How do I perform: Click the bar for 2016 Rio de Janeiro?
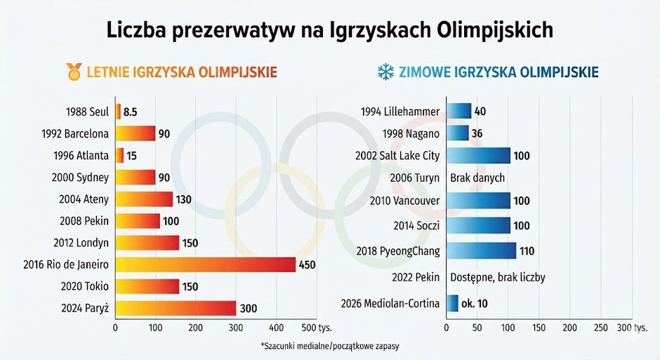pyautogui.click(x=205, y=265)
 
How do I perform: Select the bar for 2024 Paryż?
pyautogui.click(x=175, y=308)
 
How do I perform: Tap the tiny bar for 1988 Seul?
pyautogui.click(x=118, y=112)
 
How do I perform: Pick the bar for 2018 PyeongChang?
pyautogui.click(x=481, y=251)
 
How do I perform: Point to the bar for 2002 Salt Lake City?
pyautogui.click(x=478, y=156)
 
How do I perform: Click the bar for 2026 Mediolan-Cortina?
pyautogui.click(x=452, y=303)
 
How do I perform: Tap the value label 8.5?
pyautogui.click(x=130, y=112)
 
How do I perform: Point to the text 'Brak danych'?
pyautogui.click(x=477, y=178)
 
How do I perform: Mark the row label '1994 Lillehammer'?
pyautogui.click(x=400, y=112)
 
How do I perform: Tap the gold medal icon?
pyautogui.click(x=73, y=71)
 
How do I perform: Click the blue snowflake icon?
pyautogui.click(x=385, y=72)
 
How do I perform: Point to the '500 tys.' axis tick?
pyautogui.click(x=317, y=328)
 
